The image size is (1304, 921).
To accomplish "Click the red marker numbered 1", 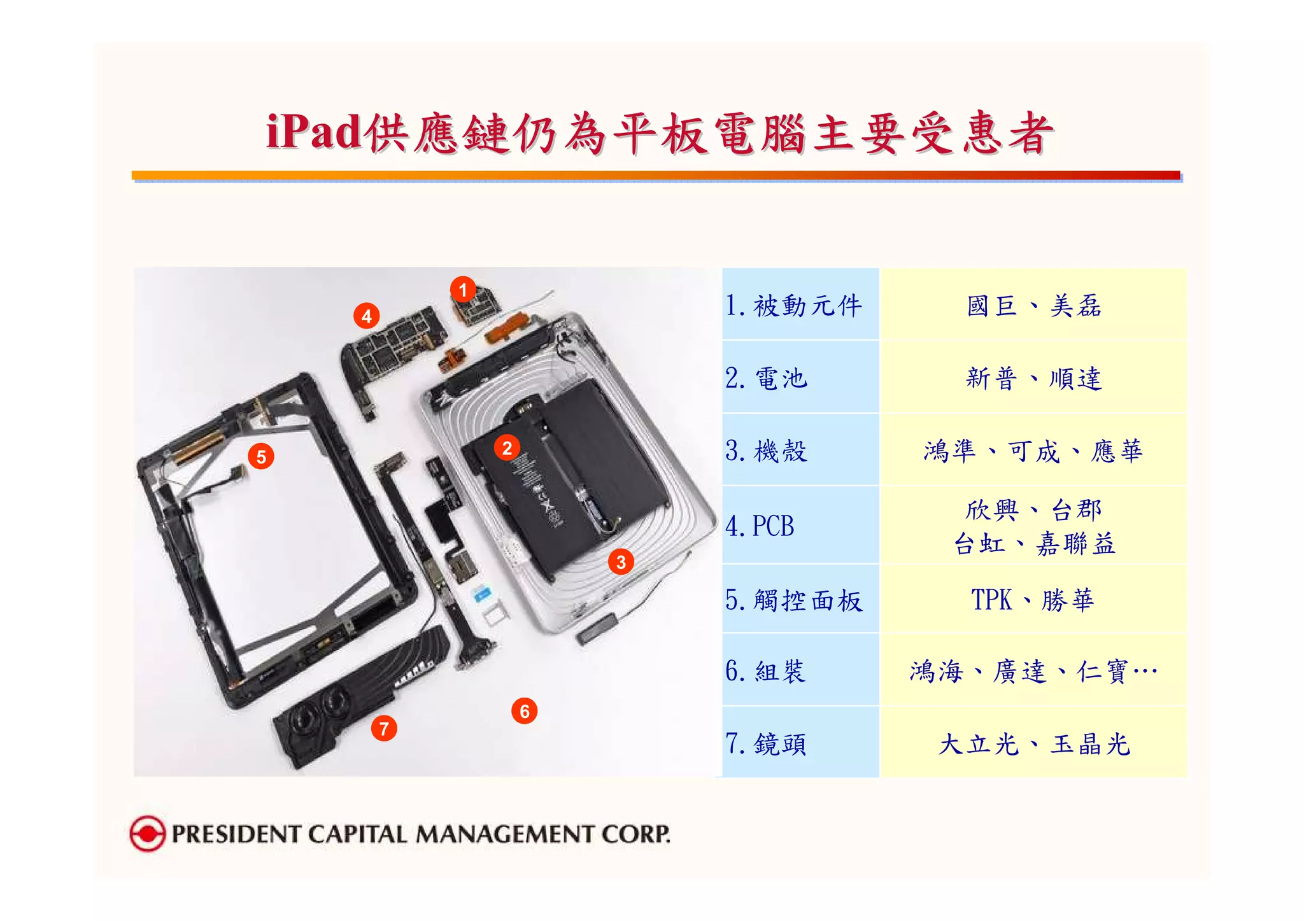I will pos(463,290).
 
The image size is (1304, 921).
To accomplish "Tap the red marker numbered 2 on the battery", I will pos(507,448).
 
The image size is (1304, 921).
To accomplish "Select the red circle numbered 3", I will pos(621,562).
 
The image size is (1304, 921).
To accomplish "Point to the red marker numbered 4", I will pos(366,316).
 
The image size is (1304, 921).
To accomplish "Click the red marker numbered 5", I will pos(261,456).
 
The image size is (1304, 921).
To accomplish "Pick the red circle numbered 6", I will pos(525,711).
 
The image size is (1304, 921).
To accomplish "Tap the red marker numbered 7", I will pos(384,728).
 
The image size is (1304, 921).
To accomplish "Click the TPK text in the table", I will pos(991,600).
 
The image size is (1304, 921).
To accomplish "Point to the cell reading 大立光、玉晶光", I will pos(1033,743).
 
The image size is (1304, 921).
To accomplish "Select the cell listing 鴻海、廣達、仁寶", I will pos(1033,671).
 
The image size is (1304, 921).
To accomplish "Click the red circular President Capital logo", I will pos(147,833).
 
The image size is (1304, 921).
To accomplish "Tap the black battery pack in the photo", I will pos(573,471).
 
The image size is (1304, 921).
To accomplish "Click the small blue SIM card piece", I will pos(482,594).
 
